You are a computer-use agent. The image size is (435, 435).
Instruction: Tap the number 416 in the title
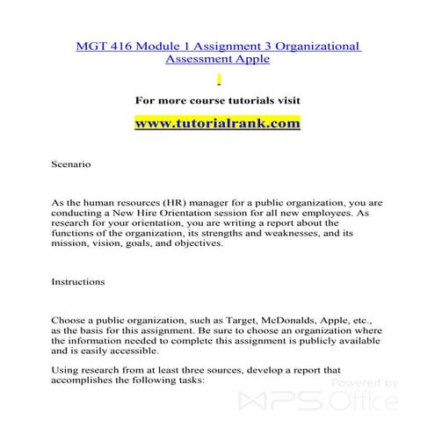[126, 45]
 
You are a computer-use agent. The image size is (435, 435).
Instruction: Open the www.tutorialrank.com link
[217, 124]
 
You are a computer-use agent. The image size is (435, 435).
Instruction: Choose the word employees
[336, 213]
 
